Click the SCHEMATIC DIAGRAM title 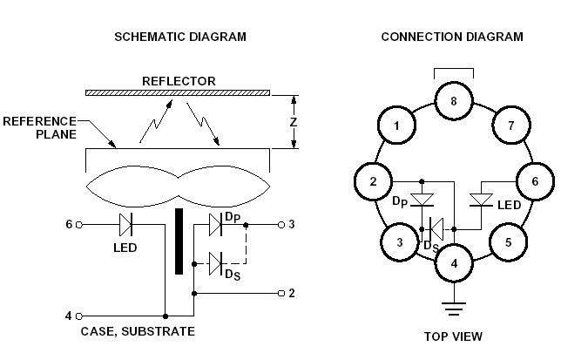coord(180,37)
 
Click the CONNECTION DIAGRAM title coord(452,37)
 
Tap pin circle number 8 coord(453,102)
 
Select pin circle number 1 coord(397,126)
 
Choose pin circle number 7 coord(511,126)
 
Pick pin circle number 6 coord(535,181)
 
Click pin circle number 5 coord(508,241)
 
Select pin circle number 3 coord(398,241)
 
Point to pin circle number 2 coord(373,182)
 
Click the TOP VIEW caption coord(453,336)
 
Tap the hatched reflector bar coord(178,92)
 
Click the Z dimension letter coord(294,122)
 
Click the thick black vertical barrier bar coord(179,241)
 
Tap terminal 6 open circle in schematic coord(80,225)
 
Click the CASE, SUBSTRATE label coord(138,331)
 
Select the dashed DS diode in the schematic coord(215,259)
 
